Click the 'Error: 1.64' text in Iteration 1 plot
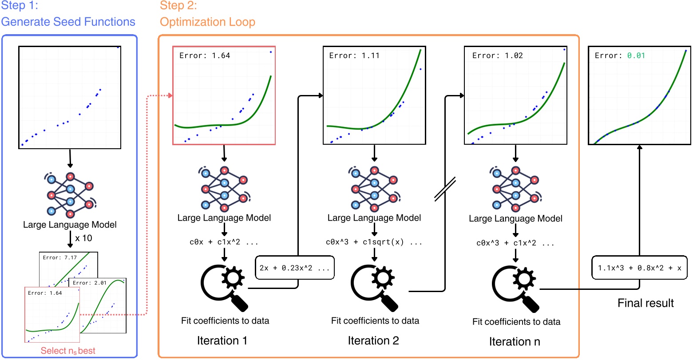(205, 55)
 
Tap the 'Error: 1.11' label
(354, 55)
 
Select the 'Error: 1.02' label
(497, 55)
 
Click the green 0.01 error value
(636, 55)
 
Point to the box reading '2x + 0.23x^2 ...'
(295, 268)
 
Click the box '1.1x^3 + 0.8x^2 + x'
(639, 268)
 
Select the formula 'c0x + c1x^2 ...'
(224, 242)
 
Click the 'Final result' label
(645, 303)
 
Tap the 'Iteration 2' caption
(373, 341)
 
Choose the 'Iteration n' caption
(515, 342)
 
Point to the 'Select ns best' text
(68, 351)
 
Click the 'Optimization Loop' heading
(207, 22)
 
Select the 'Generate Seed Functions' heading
(68, 22)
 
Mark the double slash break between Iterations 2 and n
(445, 189)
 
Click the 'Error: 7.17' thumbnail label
(59, 257)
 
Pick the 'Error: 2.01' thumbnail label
(90, 283)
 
